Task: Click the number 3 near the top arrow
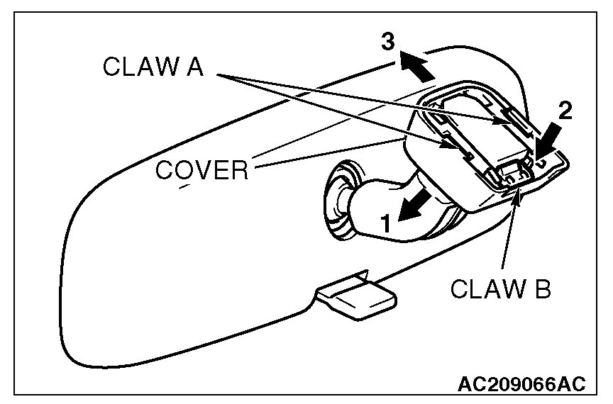pos(387,42)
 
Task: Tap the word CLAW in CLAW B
pos(480,290)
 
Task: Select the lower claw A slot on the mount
pos(462,149)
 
